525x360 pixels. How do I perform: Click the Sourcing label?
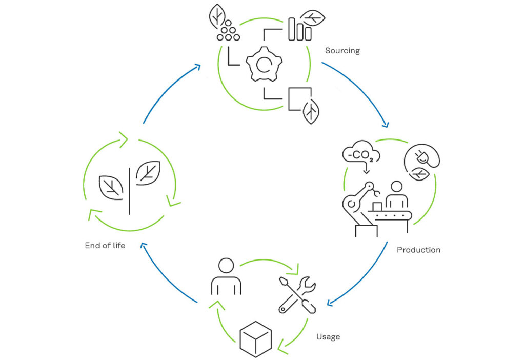342,51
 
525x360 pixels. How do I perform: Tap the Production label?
418,250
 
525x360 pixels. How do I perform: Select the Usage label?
328,337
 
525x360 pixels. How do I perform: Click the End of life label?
105,246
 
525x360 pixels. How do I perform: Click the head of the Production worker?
397,187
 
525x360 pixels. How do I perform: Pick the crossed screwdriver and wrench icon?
297,295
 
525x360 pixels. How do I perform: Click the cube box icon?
256,339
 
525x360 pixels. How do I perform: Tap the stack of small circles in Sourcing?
228,30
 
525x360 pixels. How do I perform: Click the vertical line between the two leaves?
130,191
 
